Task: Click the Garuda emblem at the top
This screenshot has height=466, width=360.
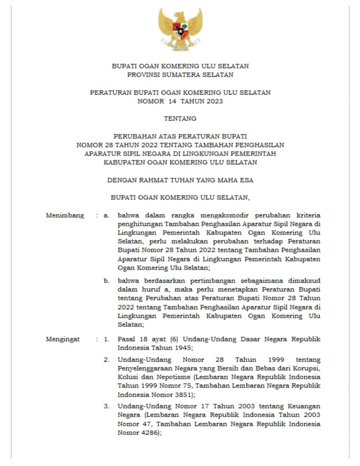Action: pos(180,28)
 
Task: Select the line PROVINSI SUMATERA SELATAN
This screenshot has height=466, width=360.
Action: pos(180,74)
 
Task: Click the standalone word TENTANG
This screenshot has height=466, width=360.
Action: pos(180,118)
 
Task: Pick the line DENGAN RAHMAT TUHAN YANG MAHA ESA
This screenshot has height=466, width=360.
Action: pos(180,180)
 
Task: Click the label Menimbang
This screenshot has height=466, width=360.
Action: pos(65,215)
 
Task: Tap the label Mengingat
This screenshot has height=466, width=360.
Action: pos(63,339)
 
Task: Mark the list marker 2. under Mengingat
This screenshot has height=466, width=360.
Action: pos(106,360)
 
